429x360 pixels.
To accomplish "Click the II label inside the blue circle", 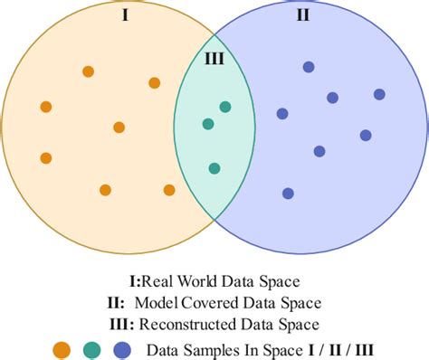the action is [302, 15].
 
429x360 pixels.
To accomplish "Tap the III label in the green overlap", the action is [214, 59].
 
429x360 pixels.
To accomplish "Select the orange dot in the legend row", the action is [62, 349].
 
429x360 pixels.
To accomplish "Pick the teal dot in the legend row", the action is [91, 349].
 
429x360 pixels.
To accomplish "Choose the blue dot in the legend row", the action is [122, 349].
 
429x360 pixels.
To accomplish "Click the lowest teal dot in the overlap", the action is [214, 168].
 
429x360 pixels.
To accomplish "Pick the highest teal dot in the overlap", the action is [224, 107].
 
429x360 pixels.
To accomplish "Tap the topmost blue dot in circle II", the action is [309, 67].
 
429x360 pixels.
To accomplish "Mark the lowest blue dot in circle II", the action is [288, 193].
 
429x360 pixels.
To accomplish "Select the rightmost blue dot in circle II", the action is [379, 94].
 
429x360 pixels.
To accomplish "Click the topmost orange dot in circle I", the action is [88, 71].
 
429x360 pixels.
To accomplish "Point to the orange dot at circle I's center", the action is [119, 128].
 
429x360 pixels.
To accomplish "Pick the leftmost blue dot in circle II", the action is [282, 114].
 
